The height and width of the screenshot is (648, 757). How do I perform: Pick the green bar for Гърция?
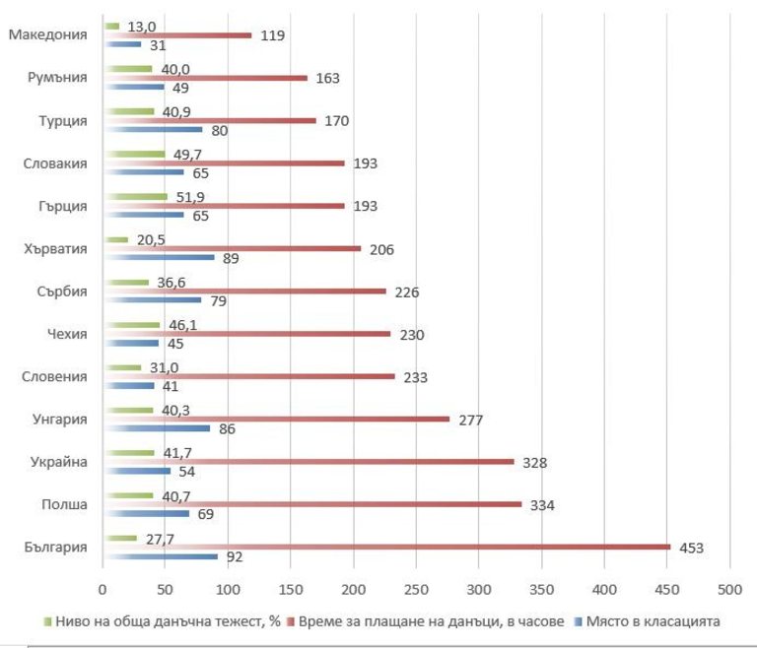(135, 197)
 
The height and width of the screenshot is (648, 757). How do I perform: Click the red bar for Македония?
(177, 35)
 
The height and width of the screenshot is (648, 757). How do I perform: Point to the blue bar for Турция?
(153, 130)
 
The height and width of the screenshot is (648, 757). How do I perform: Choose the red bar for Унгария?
(276, 420)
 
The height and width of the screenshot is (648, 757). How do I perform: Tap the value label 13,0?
(142, 27)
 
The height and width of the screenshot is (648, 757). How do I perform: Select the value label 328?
(535, 462)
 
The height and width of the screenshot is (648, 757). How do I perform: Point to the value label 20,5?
(152, 239)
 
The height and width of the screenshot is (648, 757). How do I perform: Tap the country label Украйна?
(60, 462)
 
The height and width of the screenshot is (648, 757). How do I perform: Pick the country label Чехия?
(67, 334)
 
